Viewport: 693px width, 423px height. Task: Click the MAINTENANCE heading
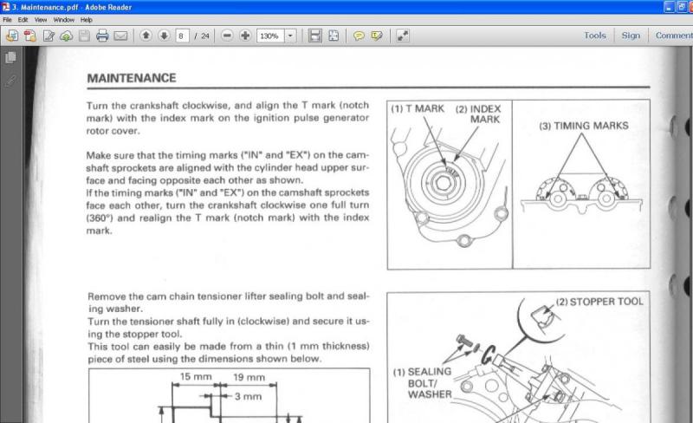pos(132,78)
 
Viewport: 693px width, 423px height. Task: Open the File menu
pos(7,20)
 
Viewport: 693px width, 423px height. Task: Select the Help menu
pos(86,20)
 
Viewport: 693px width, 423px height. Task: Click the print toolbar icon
pos(102,36)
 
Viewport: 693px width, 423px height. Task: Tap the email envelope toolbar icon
pos(120,36)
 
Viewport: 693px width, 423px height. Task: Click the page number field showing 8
pos(182,36)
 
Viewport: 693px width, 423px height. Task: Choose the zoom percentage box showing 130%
pos(270,36)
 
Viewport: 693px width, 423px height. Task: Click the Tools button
pos(595,36)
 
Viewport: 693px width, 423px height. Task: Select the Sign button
pos(631,36)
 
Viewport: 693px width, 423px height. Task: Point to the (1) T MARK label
pos(418,109)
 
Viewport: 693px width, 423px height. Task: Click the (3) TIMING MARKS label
pos(583,126)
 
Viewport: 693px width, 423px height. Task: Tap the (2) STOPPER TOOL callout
pos(599,302)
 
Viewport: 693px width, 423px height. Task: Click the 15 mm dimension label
pos(196,376)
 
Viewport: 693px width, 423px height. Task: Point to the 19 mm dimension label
pos(249,377)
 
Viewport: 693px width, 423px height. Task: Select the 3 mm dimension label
pos(248,396)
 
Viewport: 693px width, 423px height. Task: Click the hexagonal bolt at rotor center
pos(443,182)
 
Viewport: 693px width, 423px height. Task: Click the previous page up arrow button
pos(146,36)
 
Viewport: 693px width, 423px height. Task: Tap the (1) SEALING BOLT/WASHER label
pos(423,383)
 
